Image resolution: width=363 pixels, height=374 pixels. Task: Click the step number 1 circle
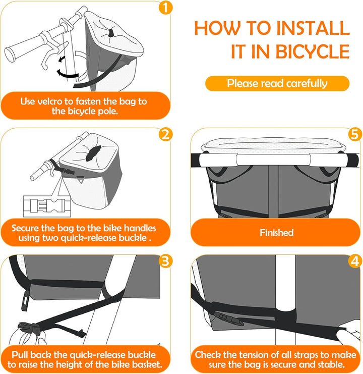tap(165, 8)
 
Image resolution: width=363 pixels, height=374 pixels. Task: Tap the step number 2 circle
tap(165, 134)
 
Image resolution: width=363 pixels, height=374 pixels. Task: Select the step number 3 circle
tap(165, 261)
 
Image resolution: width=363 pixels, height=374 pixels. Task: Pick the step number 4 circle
tap(354, 261)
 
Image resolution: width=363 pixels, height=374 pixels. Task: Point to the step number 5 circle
tap(354, 134)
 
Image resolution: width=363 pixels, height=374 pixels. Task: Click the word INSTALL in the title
tap(313, 28)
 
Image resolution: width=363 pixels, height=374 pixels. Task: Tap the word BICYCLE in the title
tap(312, 51)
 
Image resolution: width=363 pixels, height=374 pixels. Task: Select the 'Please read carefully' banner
tap(277, 83)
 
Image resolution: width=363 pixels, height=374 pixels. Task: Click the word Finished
tap(277, 233)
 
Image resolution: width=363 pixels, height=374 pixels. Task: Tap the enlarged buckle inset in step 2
tap(47, 206)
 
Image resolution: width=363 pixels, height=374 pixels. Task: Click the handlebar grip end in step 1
tap(10, 55)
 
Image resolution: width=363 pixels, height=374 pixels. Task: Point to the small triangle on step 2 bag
tap(81, 180)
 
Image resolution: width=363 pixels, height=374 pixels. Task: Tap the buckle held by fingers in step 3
tap(27, 329)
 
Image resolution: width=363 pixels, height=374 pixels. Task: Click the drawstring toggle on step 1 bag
tap(110, 33)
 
